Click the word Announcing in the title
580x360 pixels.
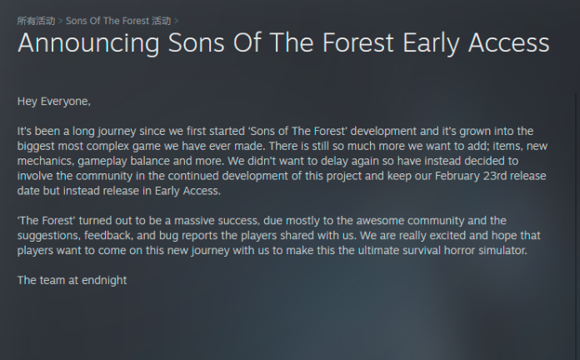click(x=88, y=43)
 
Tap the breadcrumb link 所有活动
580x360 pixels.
click(x=36, y=21)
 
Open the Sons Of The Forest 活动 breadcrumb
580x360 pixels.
click(x=118, y=21)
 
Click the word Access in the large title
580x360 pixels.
click(x=508, y=43)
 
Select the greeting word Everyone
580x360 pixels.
click(x=66, y=102)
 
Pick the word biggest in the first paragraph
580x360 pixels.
click(x=36, y=147)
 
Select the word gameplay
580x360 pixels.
click(x=102, y=162)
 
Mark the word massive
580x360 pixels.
click(x=194, y=221)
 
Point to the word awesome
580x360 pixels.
click(x=380, y=221)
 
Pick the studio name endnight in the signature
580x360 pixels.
click(x=104, y=281)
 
